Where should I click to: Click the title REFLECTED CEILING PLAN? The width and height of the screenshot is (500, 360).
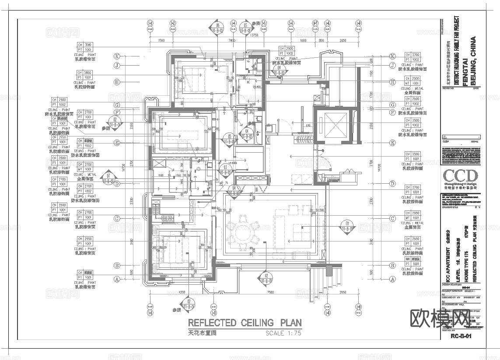click(245, 323)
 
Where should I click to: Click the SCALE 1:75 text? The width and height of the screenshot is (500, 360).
click(283, 333)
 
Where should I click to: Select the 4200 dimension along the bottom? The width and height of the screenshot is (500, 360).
click(182, 292)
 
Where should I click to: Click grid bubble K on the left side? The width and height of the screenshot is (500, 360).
click(117, 56)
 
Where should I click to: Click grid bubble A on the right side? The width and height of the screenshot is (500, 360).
click(392, 279)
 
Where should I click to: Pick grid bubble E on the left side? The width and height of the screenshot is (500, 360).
click(117, 143)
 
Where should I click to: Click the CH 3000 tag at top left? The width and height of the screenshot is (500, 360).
click(85, 47)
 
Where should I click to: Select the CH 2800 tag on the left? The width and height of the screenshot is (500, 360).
click(85, 75)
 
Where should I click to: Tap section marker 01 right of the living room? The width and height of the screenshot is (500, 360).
click(347, 226)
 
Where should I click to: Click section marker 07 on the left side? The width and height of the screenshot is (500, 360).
click(109, 178)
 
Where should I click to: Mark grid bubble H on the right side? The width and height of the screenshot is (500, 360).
click(392, 82)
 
